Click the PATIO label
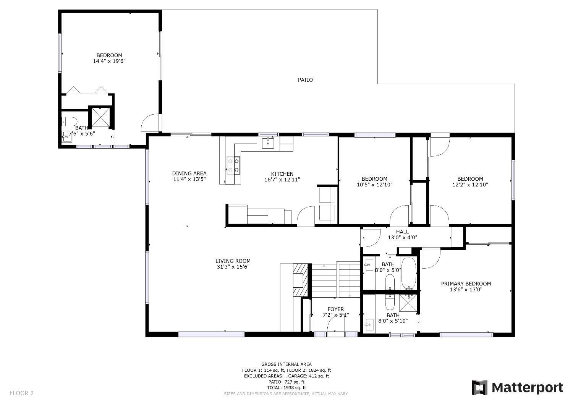pos(305,80)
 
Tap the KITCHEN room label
pos(282,174)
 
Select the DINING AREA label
pos(189,173)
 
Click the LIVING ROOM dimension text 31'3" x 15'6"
pos(233,267)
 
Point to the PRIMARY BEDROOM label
pos(466,283)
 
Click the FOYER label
pos(335,309)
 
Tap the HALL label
pos(402,232)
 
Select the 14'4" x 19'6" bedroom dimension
pos(109,61)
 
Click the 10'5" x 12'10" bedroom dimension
pos(374,185)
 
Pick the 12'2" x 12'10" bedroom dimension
pos(470,185)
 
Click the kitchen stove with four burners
pos(233,165)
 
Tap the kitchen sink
pos(268,143)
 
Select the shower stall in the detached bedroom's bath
pos(100,117)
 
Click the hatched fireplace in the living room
pos(300,280)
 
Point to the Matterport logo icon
pos(480,387)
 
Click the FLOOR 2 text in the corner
pos(22,393)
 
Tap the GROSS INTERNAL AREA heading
pos(286,364)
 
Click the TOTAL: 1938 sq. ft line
pos(286,387)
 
